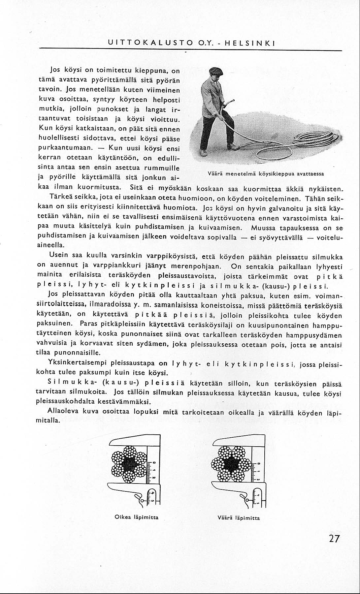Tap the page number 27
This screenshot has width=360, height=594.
334,539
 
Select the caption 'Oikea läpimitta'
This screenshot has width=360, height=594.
136,517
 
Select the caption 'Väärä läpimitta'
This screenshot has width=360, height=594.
239,518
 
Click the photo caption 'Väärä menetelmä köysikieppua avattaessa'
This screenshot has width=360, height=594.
266,174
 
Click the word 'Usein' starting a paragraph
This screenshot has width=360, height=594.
58,255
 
